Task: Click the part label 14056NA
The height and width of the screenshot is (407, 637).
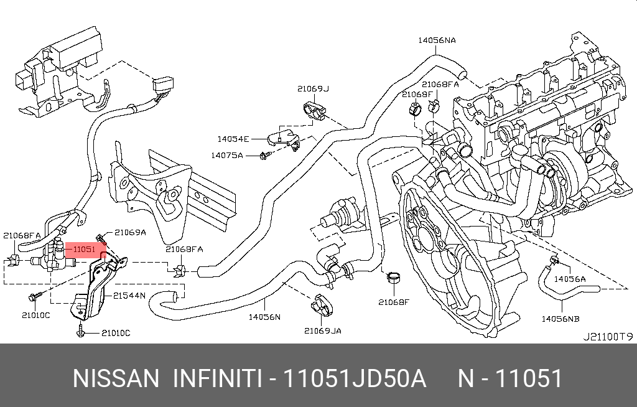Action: point(437,40)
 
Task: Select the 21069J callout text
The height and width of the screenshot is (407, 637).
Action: point(313,88)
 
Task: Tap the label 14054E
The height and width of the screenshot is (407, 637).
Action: point(233,139)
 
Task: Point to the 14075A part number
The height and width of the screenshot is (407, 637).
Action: point(226,155)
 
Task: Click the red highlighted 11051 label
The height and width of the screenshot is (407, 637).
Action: point(83,250)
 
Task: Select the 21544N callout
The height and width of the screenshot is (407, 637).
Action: point(129,296)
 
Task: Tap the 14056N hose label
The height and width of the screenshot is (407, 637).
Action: point(265,317)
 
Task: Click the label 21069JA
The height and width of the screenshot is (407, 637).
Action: point(322,330)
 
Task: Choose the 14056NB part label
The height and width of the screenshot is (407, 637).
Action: point(560,318)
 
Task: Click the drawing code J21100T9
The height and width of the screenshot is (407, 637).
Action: point(607,336)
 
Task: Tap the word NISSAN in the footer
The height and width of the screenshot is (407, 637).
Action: point(116,378)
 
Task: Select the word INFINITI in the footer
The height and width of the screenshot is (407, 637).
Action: point(216,378)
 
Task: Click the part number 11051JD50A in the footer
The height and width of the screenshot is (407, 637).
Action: point(355,378)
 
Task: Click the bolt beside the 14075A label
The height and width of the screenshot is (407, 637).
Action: point(264,154)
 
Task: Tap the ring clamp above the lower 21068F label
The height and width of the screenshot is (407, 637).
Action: point(394,278)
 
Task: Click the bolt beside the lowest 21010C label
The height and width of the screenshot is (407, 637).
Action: point(81,333)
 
